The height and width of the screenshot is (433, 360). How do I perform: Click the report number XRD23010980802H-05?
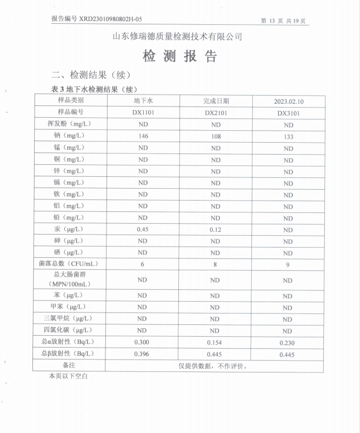[x=96, y=18]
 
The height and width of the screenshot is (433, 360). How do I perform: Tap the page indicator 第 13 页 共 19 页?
[x=284, y=21]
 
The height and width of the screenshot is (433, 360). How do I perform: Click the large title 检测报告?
[x=179, y=56]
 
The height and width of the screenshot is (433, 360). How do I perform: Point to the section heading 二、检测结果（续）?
[x=91, y=75]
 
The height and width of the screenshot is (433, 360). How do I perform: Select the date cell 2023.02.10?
[x=289, y=101]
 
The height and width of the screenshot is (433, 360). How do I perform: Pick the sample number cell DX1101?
[x=143, y=112]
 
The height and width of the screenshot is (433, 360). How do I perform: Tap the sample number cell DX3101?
[x=289, y=114]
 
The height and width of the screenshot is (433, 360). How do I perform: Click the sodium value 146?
[x=143, y=136]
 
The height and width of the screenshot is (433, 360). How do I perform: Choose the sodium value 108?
[x=216, y=136]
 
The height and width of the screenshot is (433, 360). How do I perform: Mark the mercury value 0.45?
[x=143, y=229]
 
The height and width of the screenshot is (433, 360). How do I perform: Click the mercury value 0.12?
[x=215, y=230]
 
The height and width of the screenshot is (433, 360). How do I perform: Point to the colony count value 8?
[x=215, y=264]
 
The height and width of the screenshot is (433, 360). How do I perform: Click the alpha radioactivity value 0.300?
[x=143, y=342]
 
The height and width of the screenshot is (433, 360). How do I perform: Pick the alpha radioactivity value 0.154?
[x=215, y=343]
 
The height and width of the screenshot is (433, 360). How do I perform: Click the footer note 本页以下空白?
[x=68, y=375]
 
